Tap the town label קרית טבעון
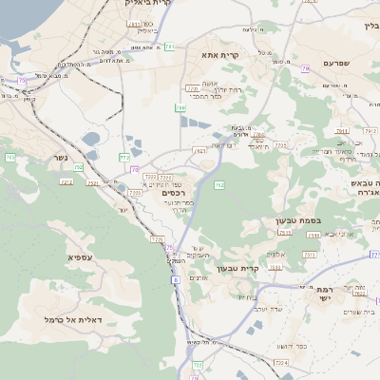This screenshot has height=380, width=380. coord(237,269)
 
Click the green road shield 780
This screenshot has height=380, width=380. coord(180,108)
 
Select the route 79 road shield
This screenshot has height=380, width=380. coord(306,69)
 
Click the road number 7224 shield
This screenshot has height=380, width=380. coord(280,363)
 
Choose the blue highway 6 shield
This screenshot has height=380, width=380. coord(175,281)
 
